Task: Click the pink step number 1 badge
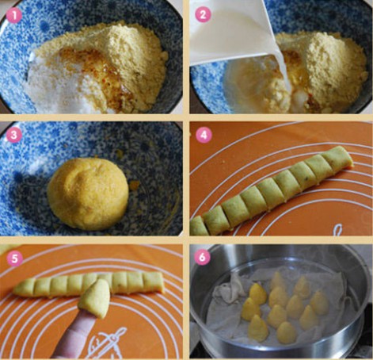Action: (x=14, y=15)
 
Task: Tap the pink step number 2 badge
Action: (x=203, y=14)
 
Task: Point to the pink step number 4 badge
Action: (x=204, y=135)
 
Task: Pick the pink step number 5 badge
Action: (x=14, y=259)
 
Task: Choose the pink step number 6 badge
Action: (x=202, y=256)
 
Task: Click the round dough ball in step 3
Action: (x=88, y=193)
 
